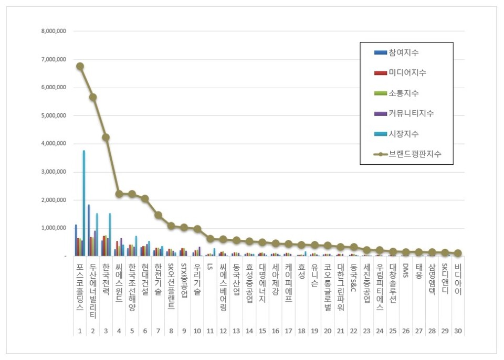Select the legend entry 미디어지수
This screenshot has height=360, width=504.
click(x=407, y=73)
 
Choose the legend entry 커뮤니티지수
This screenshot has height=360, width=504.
click(x=411, y=113)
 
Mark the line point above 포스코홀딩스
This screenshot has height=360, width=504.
click(x=80, y=66)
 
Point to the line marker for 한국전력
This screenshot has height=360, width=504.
click(x=106, y=137)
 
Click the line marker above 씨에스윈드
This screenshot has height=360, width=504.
click(x=119, y=194)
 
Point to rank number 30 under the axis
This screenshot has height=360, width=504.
click(x=458, y=331)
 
